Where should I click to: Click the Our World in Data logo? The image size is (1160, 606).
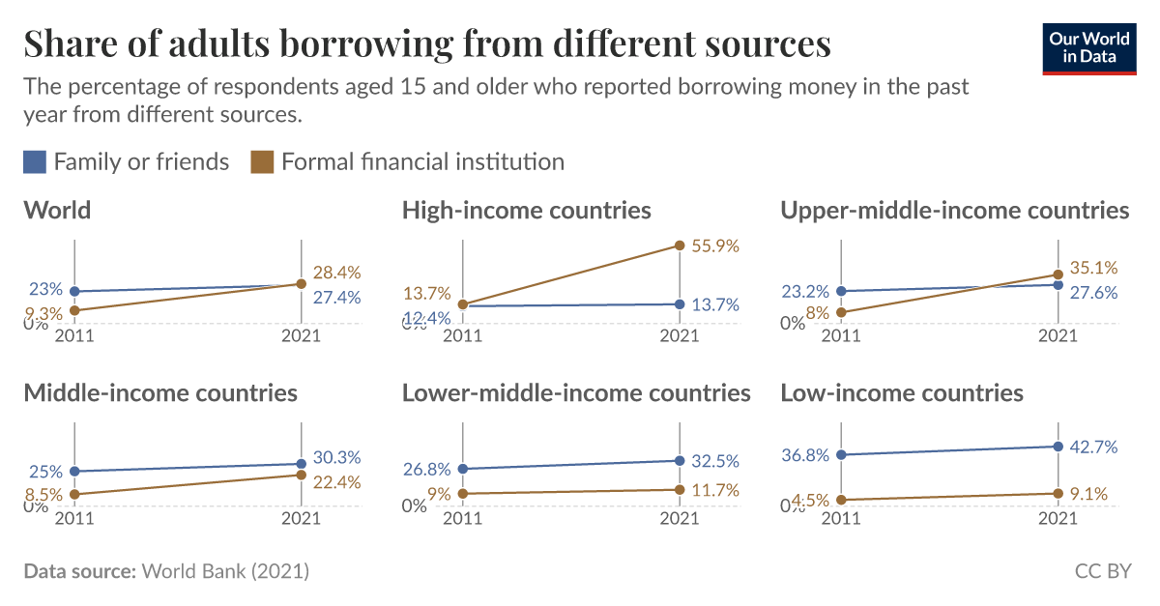click(x=1088, y=46)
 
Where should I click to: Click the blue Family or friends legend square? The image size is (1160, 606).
click(x=35, y=161)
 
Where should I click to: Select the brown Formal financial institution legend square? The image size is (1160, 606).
click(x=262, y=161)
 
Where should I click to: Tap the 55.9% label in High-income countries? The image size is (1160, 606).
click(x=715, y=246)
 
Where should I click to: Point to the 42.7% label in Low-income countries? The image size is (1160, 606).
click(x=1094, y=447)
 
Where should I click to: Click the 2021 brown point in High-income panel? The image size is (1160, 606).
click(x=680, y=245)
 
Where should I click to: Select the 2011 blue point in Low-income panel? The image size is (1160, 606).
click(x=840, y=454)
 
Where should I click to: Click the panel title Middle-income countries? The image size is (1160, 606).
click(x=160, y=392)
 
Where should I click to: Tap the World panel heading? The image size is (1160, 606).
click(x=57, y=210)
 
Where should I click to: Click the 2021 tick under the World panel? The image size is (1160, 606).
click(x=301, y=336)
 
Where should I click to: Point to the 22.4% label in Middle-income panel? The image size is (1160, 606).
click(x=337, y=482)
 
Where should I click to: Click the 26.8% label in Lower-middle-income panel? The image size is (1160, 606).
click(x=427, y=470)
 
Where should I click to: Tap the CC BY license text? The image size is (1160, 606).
click(x=1102, y=571)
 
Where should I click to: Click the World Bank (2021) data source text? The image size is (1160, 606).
click(x=225, y=571)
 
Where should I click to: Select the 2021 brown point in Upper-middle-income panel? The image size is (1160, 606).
click(x=1058, y=274)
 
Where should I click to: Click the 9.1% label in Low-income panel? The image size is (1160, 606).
click(x=1090, y=495)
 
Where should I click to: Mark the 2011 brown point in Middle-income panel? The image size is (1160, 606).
click(x=75, y=495)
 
